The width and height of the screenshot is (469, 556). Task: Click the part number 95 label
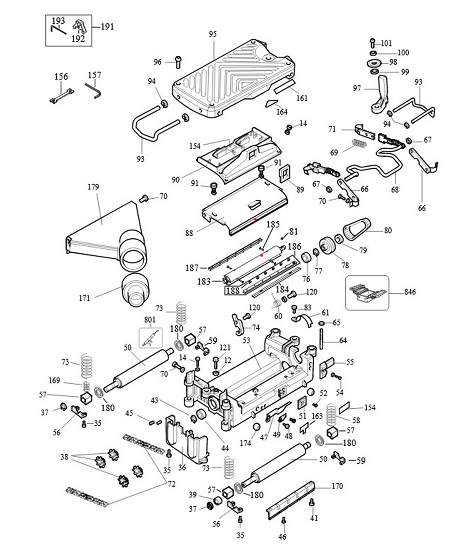click(212, 34)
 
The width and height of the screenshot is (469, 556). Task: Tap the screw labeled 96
click(178, 62)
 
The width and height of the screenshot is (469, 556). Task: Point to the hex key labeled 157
click(93, 90)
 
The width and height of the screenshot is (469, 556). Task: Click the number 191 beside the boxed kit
click(107, 27)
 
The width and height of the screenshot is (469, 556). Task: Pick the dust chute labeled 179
click(106, 234)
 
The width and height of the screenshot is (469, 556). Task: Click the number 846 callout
click(410, 292)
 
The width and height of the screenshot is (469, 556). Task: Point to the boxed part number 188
click(232, 291)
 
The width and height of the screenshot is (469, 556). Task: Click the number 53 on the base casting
click(246, 340)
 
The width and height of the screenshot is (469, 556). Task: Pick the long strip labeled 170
click(291, 500)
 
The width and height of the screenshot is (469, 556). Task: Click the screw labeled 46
click(283, 521)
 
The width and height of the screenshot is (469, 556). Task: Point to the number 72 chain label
click(171, 484)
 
